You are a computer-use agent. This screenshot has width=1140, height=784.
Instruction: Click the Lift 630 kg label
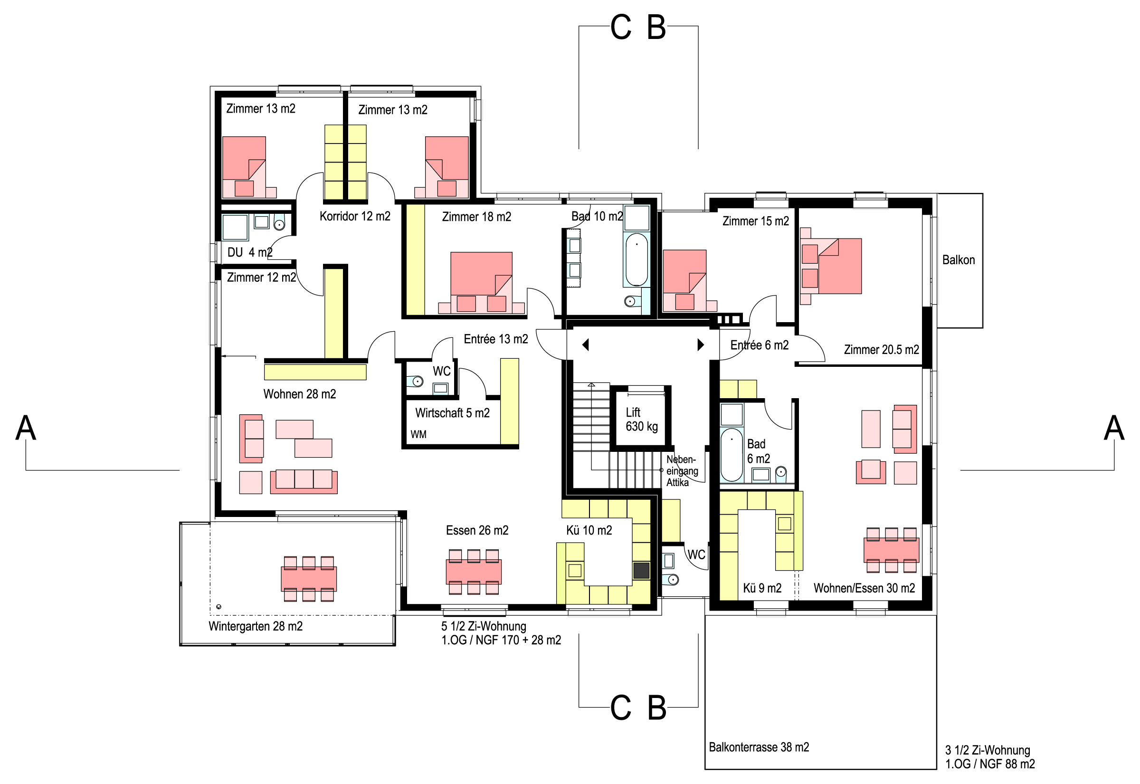click(x=642, y=420)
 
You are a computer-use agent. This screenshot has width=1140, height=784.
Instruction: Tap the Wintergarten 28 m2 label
click(x=255, y=626)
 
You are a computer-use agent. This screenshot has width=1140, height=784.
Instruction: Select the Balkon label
click(x=959, y=260)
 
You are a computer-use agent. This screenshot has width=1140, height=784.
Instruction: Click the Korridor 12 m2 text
click(x=355, y=216)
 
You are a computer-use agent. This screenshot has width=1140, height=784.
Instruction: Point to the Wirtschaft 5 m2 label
click(x=452, y=413)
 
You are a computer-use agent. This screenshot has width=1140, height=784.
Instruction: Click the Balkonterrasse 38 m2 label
click(x=759, y=747)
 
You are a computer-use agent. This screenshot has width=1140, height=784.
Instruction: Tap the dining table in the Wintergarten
click(x=309, y=579)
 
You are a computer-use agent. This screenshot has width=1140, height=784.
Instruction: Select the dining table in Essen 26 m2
click(x=474, y=572)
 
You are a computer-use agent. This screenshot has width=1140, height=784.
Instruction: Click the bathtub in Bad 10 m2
click(x=637, y=259)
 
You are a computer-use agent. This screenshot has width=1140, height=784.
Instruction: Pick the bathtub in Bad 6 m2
click(x=731, y=455)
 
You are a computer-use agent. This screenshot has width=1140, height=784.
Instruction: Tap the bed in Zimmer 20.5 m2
click(x=831, y=266)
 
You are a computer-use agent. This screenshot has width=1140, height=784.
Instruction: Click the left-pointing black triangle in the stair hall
click(x=585, y=345)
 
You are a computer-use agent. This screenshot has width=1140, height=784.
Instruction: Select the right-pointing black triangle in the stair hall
click(x=701, y=345)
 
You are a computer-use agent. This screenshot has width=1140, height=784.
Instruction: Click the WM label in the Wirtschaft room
click(x=418, y=435)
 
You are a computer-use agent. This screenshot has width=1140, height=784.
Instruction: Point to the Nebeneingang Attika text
click(x=682, y=471)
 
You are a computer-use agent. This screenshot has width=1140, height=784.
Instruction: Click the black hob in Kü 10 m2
click(x=641, y=570)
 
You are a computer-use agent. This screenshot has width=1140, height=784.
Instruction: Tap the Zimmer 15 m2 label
click(x=756, y=221)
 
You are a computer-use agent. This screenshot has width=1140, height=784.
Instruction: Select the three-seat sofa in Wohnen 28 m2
click(x=304, y=481)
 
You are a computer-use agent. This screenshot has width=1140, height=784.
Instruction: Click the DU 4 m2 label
click(x=250, y=252)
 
